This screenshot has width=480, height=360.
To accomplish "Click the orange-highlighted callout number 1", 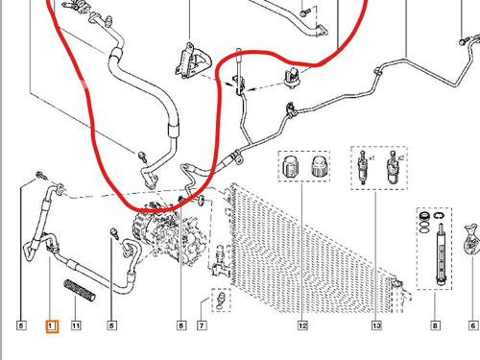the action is tap(52, 326).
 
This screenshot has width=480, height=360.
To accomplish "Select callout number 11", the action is tap(76, 325).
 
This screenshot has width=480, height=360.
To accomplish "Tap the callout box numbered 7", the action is tap(202, 325).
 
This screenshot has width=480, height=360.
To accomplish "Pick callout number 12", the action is tap(302, 325).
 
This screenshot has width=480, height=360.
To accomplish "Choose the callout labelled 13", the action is tap(376, 325).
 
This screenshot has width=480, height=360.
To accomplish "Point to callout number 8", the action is tap(435, 325).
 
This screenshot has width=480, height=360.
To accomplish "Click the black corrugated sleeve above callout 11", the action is tap(80, 290).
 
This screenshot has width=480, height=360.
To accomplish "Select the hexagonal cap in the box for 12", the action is tap(291, 166).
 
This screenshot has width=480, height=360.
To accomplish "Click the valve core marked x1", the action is tap(363, 167).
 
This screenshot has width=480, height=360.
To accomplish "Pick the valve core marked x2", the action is tap(393, 167).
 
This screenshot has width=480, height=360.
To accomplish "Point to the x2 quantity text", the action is tap(400, 157).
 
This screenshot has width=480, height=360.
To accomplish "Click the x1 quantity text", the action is tap(372, 158).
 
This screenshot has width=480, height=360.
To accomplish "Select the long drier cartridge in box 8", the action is tap(441, 254).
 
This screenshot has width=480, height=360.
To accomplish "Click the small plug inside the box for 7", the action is tap(221, 300).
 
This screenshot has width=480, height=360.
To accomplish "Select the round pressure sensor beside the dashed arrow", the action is tap(292, 78).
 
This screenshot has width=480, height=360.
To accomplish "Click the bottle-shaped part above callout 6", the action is tap(471, 240).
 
